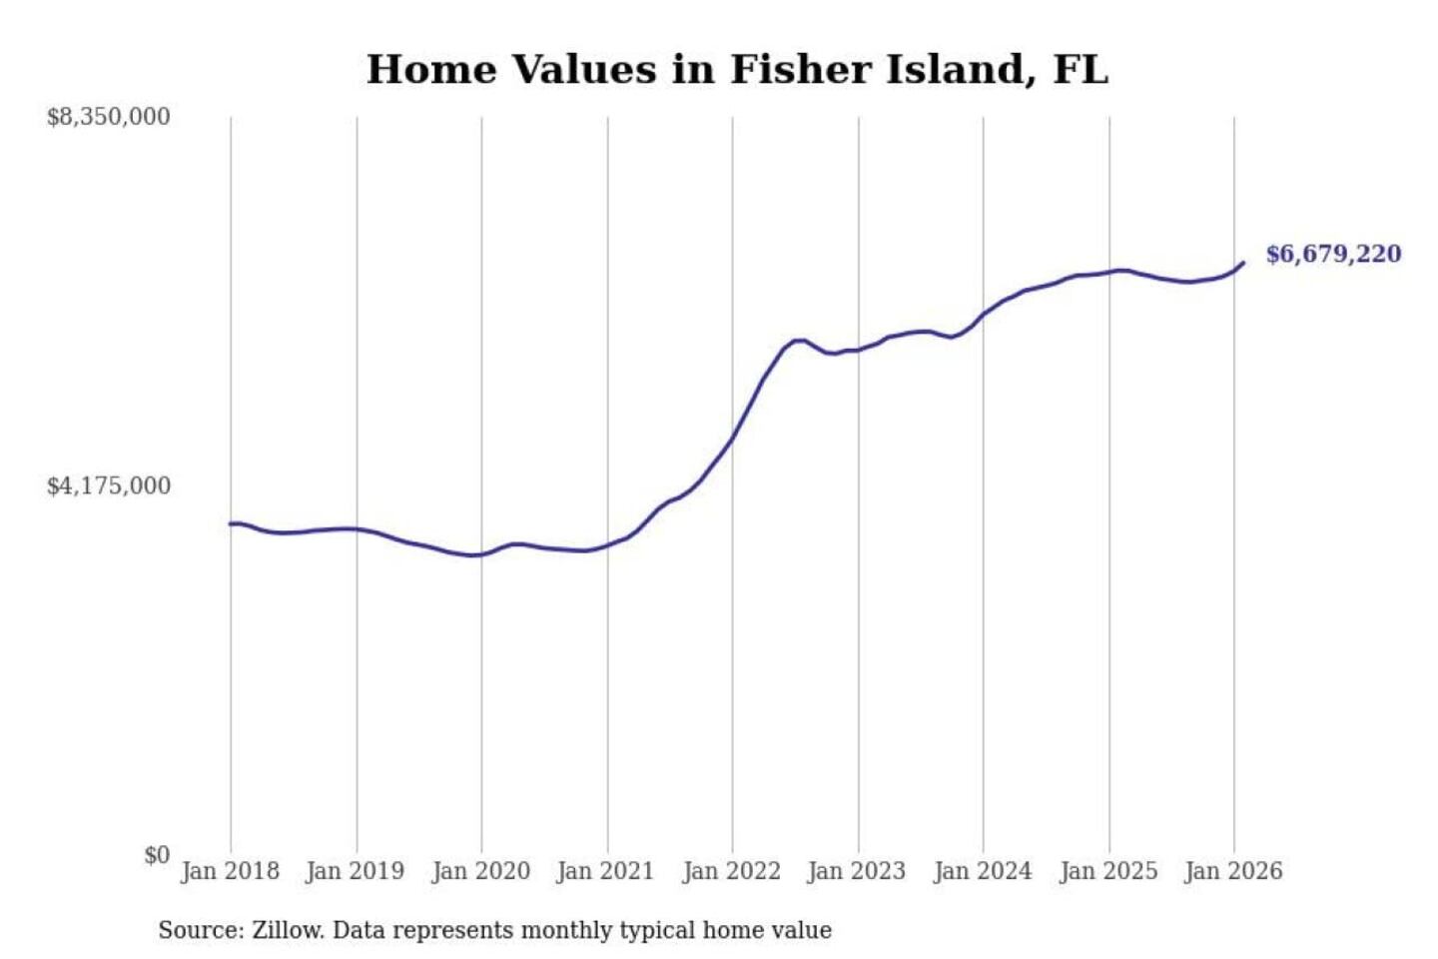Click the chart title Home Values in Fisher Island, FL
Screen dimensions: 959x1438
[737, 70]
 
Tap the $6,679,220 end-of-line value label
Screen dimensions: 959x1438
[1333, 254]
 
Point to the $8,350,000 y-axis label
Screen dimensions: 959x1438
[108, 117]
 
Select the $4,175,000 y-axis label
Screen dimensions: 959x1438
[108, 486]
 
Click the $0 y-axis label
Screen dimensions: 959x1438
[157, 855]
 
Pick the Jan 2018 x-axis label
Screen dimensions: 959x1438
[230, 871]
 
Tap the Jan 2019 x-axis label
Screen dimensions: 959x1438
[356, 871]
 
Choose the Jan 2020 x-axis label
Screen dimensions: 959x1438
[480, 871]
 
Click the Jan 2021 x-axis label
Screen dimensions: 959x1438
[605, 871]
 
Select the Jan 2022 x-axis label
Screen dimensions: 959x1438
[731, 871]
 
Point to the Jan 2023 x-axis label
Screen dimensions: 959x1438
[857, 871]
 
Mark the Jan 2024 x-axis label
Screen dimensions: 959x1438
[982, 871]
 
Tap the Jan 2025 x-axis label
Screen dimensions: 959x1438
[1107, 871]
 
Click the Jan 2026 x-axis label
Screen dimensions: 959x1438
[1233, 871]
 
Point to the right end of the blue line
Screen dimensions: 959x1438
[1243, 263]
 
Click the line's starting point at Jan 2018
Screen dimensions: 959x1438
[231, 523]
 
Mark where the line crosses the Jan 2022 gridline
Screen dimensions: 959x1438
[732, 439]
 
